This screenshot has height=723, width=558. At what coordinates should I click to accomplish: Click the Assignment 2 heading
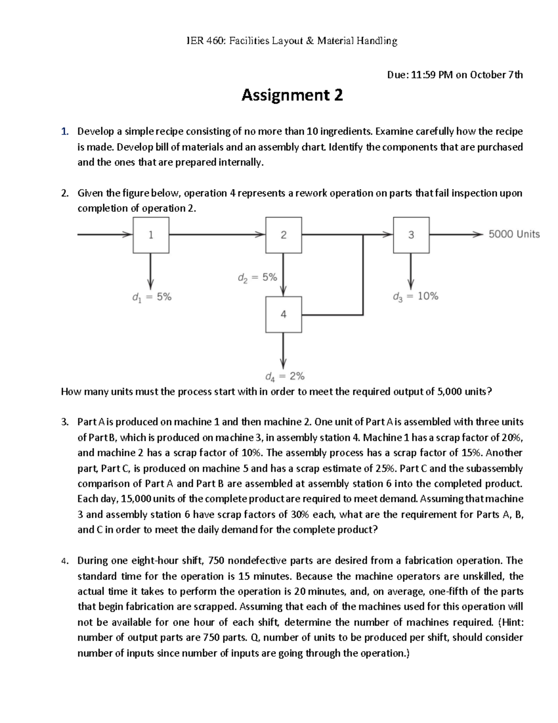[x=292, y=95]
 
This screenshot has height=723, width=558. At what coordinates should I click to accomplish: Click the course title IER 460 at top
[x=292, y=41]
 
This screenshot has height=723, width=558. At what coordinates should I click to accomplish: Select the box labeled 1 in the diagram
[x=151, y=235]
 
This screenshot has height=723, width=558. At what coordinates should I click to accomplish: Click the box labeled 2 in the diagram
[x=284, y=235]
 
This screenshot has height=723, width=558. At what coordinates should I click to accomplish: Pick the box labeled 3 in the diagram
[x=411, y=235]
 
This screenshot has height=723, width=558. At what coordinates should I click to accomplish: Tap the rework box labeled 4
[x=284, y=314]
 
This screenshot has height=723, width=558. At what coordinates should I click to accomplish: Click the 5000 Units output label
[x=514, y=234]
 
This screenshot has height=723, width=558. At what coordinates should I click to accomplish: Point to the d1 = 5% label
[x=152, y=297]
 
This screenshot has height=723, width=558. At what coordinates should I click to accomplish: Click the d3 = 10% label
[x=415, y=297]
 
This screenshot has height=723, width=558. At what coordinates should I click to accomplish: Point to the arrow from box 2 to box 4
[x=284, y=275]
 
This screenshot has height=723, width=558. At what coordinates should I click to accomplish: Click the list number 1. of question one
[x=66, y=131]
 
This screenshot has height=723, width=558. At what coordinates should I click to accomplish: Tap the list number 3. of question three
[x=65, y=422]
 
